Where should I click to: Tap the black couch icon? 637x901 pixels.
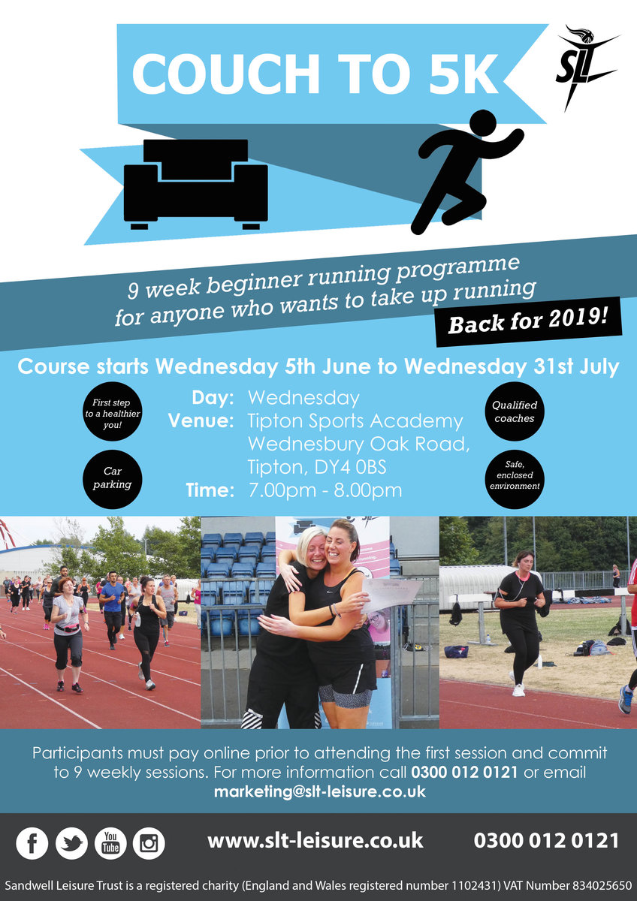point(195,185)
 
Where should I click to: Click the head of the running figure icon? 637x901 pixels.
point(483,126)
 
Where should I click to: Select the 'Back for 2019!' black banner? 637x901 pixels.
point(528,321)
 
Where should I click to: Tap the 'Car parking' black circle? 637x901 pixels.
point(112,479)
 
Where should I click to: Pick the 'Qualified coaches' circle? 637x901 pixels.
point(515,411)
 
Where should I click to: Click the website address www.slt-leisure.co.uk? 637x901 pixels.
point(315,840)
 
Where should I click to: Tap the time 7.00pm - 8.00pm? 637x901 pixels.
point(325,490)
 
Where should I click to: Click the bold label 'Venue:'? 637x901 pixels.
point(201,420)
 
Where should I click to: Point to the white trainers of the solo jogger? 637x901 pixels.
point(519,690)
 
